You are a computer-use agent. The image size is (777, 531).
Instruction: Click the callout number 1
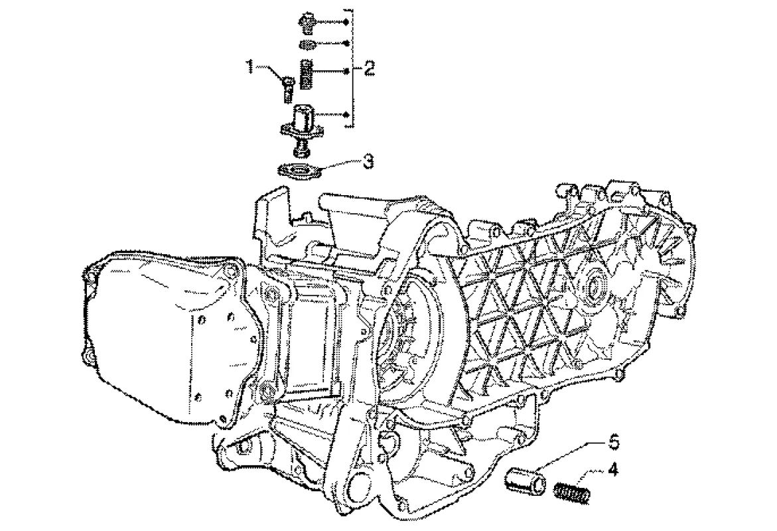[x=251, y=67]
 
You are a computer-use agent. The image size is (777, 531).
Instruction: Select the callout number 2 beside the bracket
[x=369, y=68]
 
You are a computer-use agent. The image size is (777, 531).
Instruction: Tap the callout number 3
[x=368, y=162]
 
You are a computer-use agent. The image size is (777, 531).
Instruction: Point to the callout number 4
[x=614, y=469]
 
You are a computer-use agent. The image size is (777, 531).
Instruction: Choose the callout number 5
[x=614, y=441]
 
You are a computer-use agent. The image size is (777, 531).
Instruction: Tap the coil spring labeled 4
[x=572, y=492]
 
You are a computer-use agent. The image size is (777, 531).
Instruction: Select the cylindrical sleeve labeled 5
[x=526, y=479]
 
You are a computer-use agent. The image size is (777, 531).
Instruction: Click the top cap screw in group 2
[x=307, y=23]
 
